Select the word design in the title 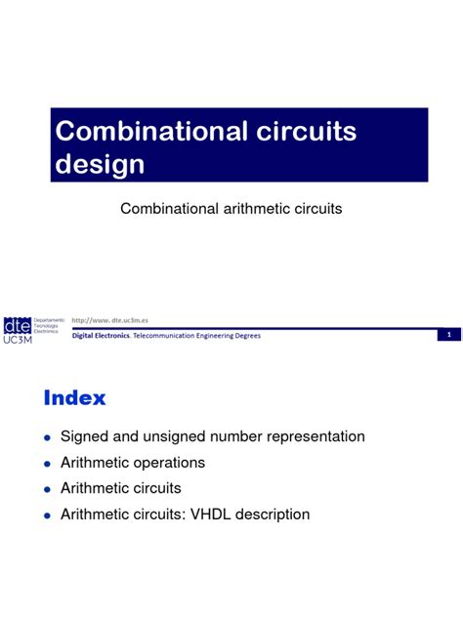(100, 163)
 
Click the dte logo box (17, 322)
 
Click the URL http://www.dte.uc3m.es (117, 319)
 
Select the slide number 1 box (447, 335)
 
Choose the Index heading (75, 398)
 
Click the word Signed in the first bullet (84, 436)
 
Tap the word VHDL (209, 514)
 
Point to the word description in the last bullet (271, 514)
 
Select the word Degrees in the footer (246, 335)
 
